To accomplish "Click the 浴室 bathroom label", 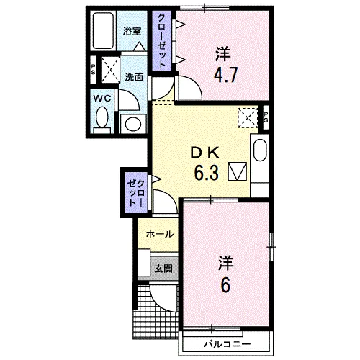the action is [x=132, y=32].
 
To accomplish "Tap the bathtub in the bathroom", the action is [x=103, y=31].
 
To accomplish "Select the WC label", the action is [x=102, y=98].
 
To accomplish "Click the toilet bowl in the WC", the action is [x=102, y=117].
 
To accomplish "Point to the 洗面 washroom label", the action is [x=134, y=77].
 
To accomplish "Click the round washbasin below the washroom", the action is [x=133, y=124].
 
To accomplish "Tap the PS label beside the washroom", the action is [x=93, y=70].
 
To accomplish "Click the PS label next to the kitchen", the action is [x=266, y=117].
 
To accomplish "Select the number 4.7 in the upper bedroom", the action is [x=225, y=75].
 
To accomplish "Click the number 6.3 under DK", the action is [x=207, y=174].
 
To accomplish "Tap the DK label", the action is [x=205, y=153].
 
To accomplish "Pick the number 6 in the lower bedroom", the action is [x=225, y=285].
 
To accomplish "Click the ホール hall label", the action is [x=160, y=234].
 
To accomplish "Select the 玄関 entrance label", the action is [x=163, y=269].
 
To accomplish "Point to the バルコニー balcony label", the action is [x=227, y=344].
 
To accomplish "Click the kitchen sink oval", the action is [x=260, y=150].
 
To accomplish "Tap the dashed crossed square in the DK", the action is [x=248, y=117].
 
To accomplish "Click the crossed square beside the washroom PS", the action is [x=110, y=70].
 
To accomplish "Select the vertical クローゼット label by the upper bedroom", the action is [x=161, y=41].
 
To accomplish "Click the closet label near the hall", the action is [x=136, y=193].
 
